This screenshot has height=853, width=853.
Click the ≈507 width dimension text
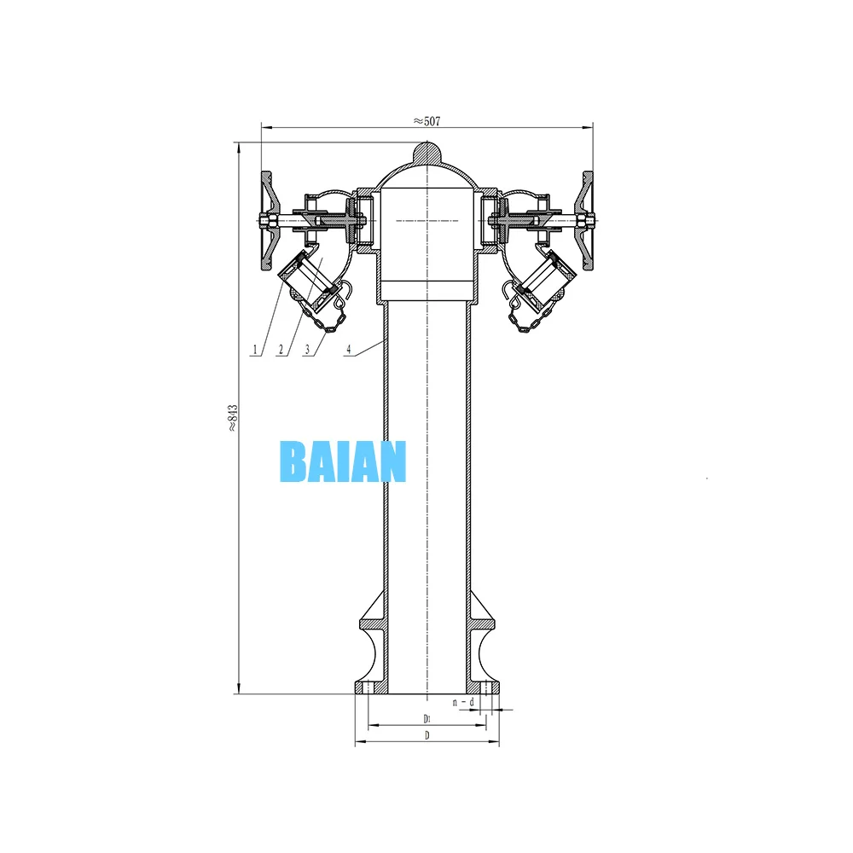point(426,121)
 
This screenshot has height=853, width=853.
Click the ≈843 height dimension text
point(231,418)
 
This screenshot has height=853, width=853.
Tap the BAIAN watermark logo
point(343,462)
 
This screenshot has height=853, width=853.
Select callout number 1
point(254,349)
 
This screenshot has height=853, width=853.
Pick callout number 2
point(281,349)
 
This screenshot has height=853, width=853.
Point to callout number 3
point(306,349)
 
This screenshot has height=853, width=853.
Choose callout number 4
point(350,349)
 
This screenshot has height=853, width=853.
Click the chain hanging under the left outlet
point(329,318)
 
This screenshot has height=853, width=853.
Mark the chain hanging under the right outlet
point(523,318)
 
